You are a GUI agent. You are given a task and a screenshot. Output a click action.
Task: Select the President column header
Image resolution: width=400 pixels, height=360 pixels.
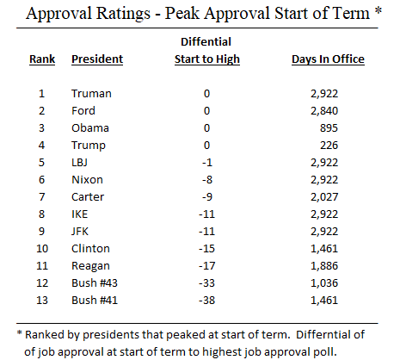click(97, 59)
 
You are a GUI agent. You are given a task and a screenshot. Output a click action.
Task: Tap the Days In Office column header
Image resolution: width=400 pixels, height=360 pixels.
click(328, 59)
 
